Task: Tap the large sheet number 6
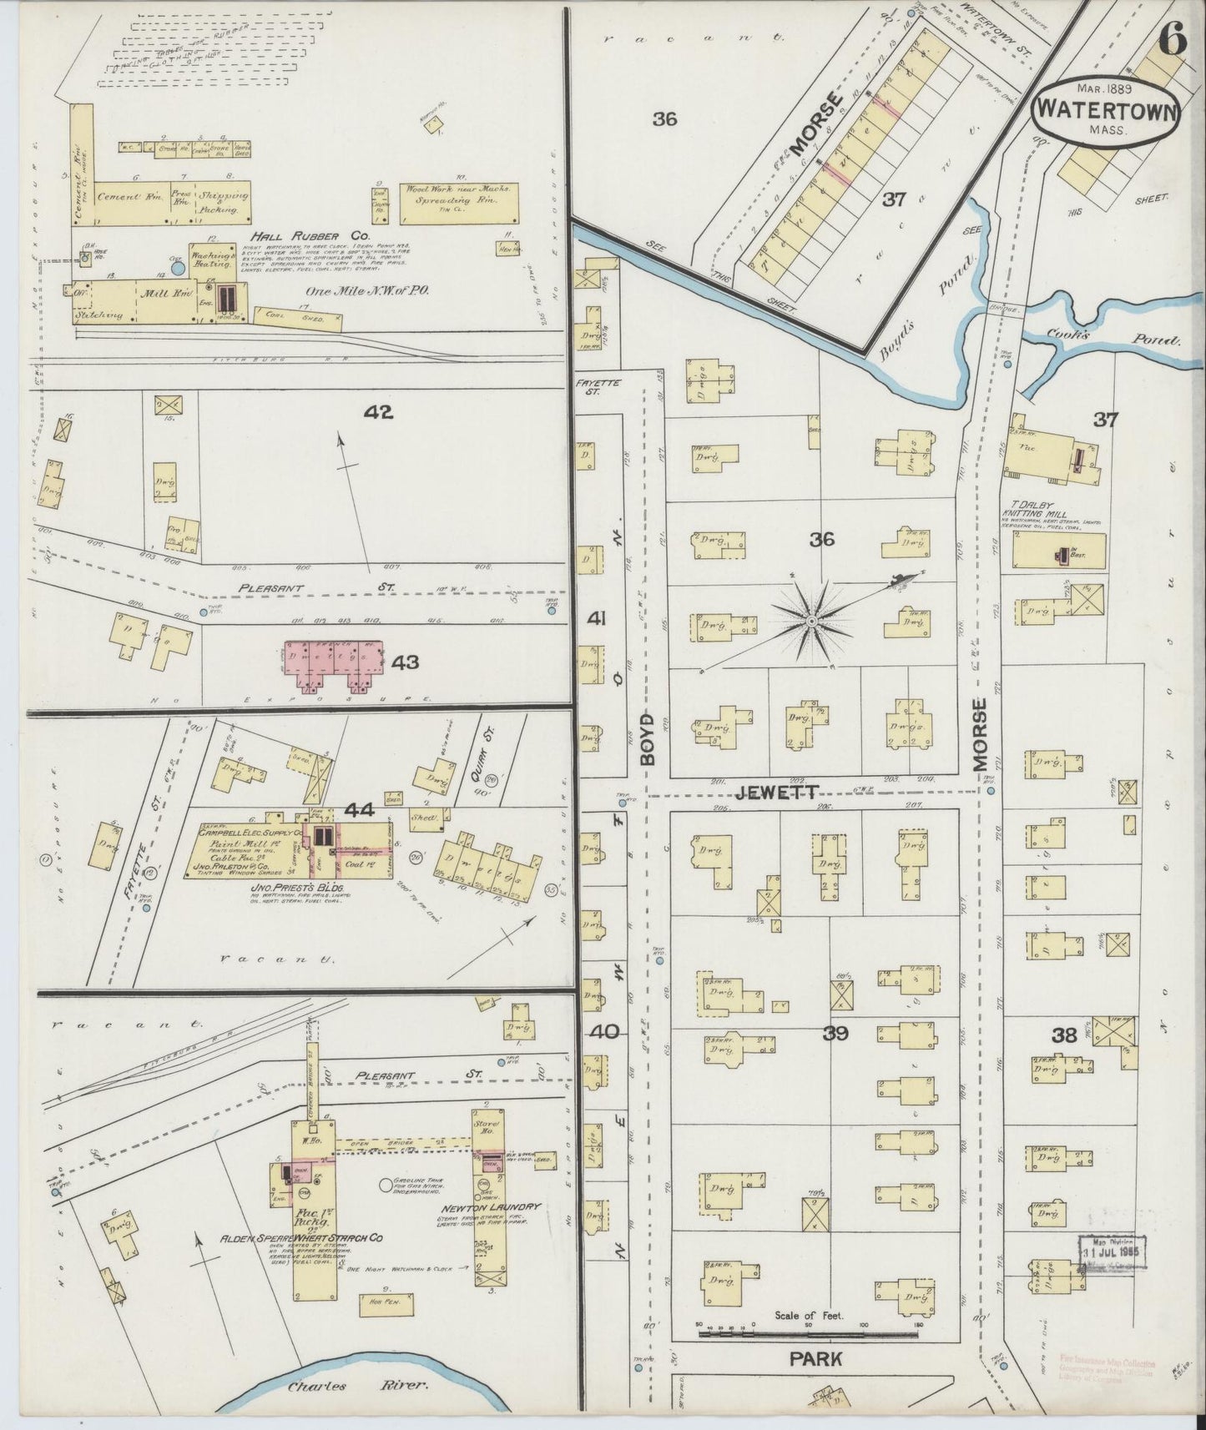(1172, 42)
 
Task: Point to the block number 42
(378, 411)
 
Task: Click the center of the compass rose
(810, 622)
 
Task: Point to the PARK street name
(815, 1358)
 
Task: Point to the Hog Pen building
(381, 1304)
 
